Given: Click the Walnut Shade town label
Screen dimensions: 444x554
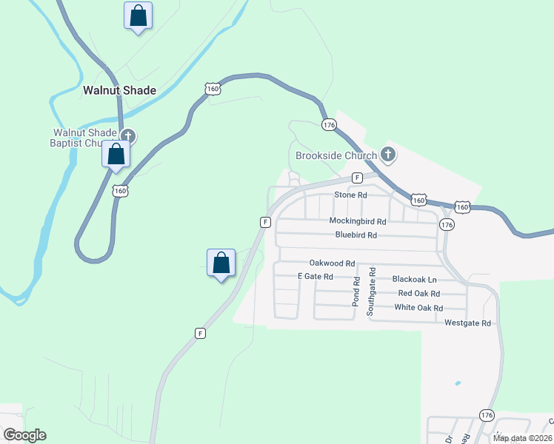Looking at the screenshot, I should pos(119,90).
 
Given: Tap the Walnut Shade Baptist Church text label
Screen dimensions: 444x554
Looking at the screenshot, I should pos(84,138).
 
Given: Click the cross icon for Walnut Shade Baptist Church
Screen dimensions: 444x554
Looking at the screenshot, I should pos(129,135).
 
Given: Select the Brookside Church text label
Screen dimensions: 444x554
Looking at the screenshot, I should pos(336,155).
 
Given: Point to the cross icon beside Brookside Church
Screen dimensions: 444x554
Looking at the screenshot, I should pos(388,154).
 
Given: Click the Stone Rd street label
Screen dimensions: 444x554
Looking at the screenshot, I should pos(350,195).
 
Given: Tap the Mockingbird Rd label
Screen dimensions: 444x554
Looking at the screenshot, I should pos(358,221).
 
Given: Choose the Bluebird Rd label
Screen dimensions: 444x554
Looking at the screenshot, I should pos(356,235).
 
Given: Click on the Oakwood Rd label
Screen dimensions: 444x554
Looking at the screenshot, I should pos(333,263).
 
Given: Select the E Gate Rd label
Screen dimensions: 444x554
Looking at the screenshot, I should pos(316,276).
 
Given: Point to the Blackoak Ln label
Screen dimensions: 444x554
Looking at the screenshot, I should pos(415,280).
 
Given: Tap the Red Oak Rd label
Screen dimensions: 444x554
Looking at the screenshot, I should pos(419,294).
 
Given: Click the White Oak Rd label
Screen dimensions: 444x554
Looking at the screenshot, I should pos(418,308).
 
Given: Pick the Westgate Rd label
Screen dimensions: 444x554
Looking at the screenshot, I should pos(467,323).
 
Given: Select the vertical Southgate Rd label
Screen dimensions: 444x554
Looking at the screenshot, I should pos(372,292).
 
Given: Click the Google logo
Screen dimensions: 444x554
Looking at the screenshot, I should pos(24,435).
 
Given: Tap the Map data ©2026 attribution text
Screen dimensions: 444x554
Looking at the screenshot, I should pos(522,438).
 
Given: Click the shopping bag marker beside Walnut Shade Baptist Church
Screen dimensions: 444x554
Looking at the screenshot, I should pos(116,155).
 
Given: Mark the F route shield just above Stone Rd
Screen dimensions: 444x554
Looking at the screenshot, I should pos(357,178).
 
